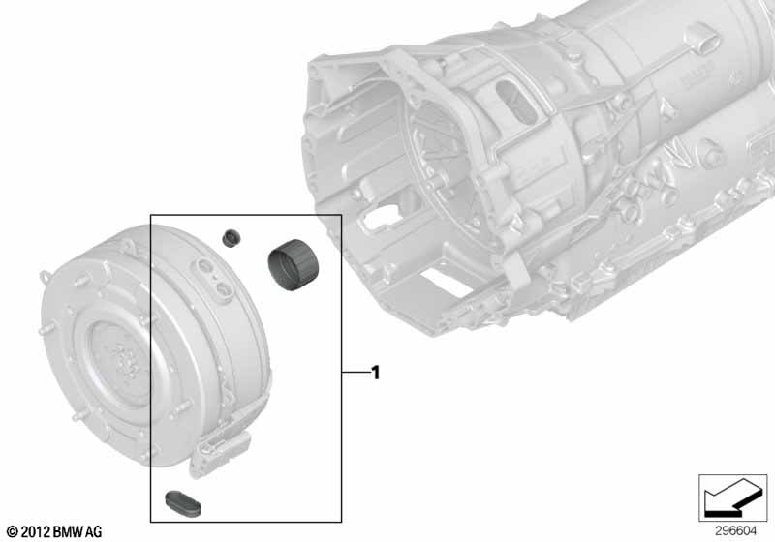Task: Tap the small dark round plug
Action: click(x=231, y=237)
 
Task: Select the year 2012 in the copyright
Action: click(x=35, y=531)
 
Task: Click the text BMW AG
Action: click(x=77, y=531)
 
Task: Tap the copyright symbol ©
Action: click(x=10, y=531)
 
